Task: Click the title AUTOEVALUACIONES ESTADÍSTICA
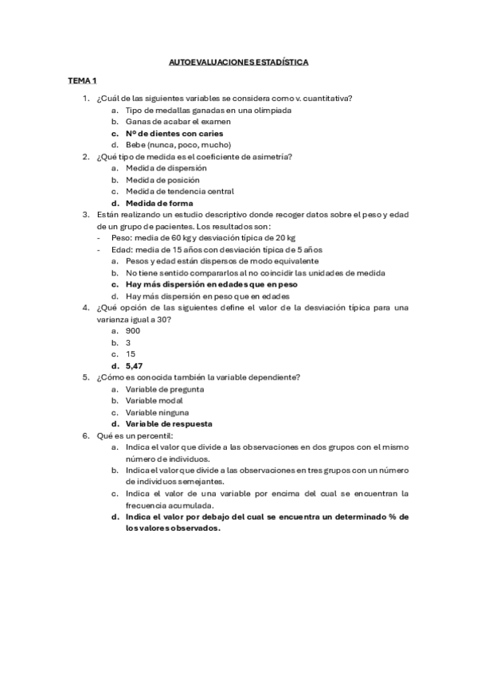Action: click(239, 60)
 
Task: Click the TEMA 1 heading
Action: click(82, 80)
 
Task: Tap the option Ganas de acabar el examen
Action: click(178, 122)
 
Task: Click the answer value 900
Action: click(133, 330)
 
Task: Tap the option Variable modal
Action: click(156, 401)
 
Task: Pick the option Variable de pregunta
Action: click(164, 389)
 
